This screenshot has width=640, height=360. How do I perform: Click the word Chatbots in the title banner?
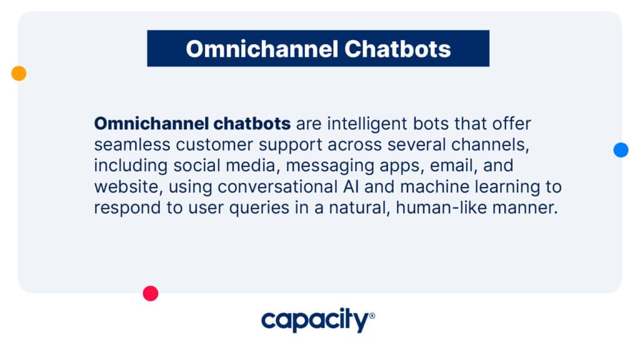(397, 49)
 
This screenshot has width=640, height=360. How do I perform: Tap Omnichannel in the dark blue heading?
(262, 49)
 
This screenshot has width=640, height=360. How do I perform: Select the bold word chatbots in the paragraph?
(252, 123)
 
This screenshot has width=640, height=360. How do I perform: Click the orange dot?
(19, 74)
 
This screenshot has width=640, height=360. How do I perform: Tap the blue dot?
(621, 150)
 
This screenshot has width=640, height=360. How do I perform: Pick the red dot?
(151, 294)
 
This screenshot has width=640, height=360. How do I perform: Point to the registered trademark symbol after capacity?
(372, 316)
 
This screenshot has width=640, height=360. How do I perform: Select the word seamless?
(132, 144)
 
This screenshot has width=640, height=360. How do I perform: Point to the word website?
(129, 187)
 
